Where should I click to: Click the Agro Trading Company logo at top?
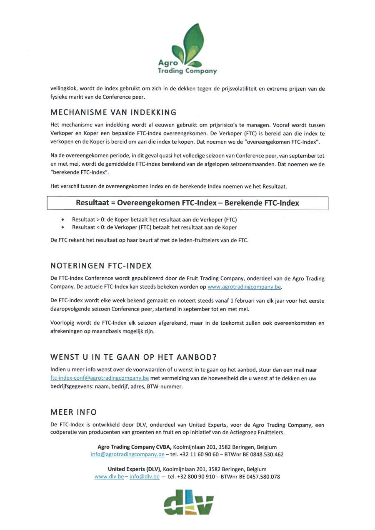tap(187, 49)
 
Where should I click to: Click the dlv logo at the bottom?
tap(188, 502)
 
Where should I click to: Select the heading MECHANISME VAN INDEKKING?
tap(113, 112)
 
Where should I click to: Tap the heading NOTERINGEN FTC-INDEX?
tap(101, 266)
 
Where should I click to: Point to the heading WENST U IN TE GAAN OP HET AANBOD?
tap(133, 357)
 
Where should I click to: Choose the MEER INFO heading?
tap(73, 412)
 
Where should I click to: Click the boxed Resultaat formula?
tap(187, 203)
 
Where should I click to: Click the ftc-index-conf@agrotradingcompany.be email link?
tap(100, 378)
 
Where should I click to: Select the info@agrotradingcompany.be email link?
tap(127, 455)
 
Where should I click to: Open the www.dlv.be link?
tap(109, 477)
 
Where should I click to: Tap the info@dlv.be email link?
tap(145, 477)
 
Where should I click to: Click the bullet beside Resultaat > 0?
tap(62, 219)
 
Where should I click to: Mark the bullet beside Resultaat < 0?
tap(62, 227)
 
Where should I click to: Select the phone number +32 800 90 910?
tap(196, 477)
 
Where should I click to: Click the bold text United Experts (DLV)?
tap(134, 469)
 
